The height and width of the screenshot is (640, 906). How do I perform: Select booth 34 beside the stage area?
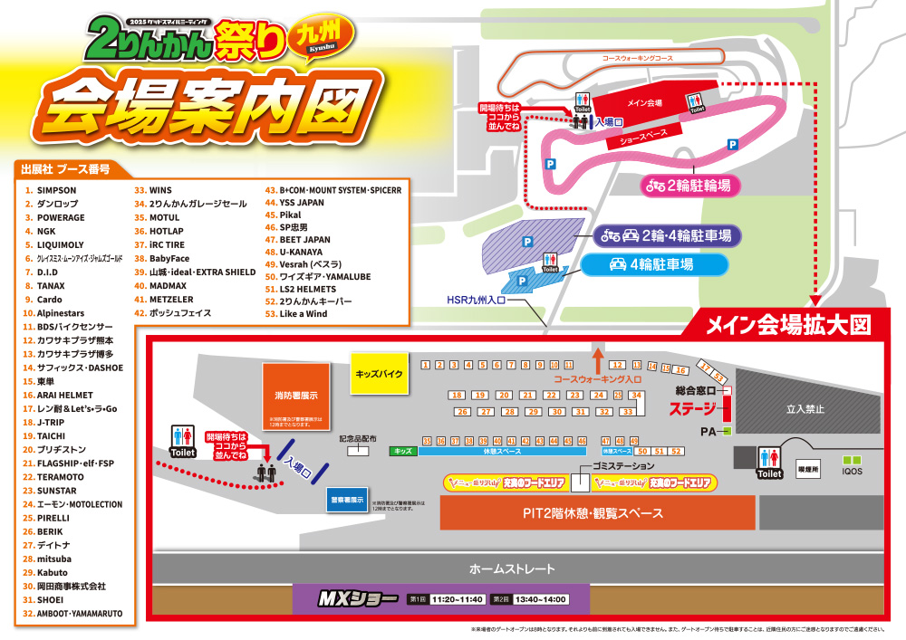coord(637,396)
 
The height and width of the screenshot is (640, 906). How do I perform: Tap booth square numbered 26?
coord(462,412)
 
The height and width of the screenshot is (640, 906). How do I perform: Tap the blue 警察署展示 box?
coord(344,500)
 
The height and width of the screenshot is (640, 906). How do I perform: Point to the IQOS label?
coord(852,472)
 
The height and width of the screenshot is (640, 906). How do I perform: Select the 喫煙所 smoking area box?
coord(804,472)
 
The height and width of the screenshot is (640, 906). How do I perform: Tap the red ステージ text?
coord(692,408)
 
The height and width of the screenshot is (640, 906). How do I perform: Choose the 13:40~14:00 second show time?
coord(542,599)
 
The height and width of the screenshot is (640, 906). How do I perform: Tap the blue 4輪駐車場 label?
coord(655,265)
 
